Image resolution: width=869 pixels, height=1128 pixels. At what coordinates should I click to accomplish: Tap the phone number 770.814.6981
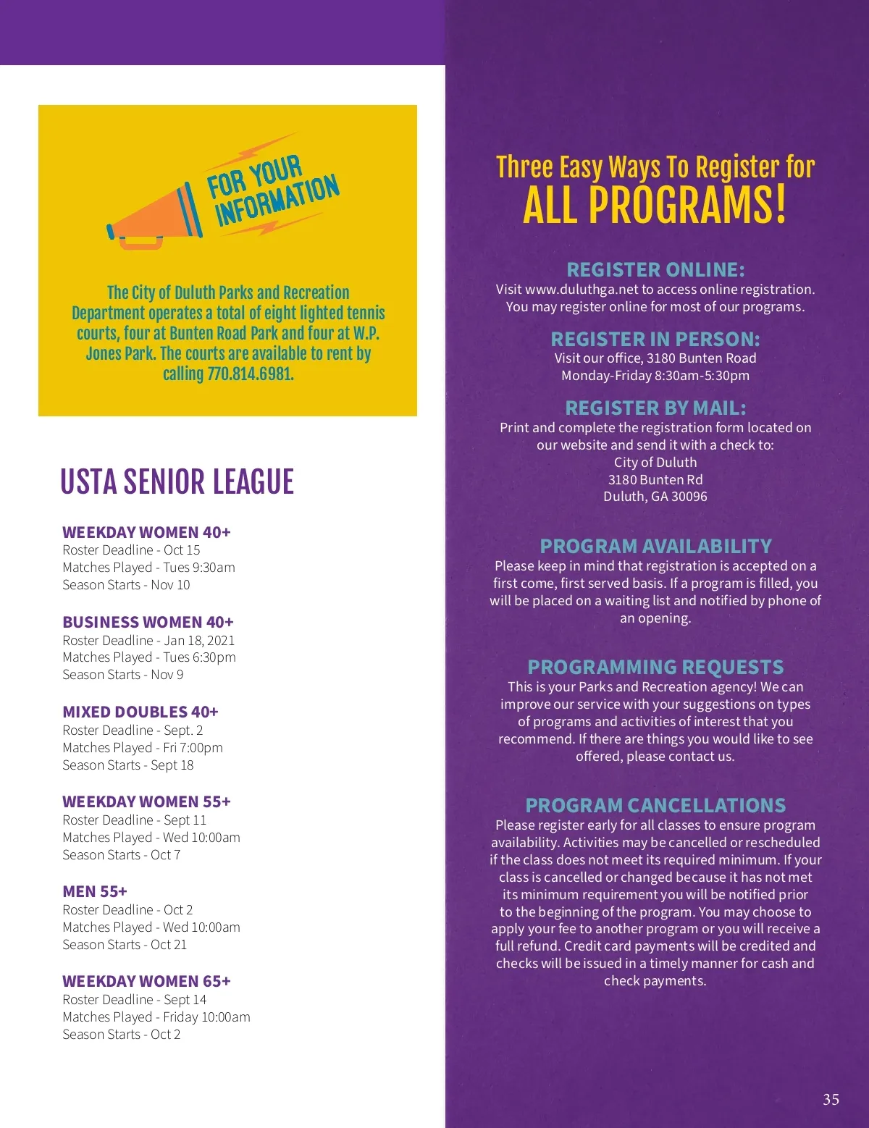coord(250,374)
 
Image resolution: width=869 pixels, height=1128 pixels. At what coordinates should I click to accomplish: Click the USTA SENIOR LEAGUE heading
coord(177,482)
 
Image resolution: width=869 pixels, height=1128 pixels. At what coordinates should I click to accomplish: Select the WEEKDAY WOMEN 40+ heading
coord(146,532)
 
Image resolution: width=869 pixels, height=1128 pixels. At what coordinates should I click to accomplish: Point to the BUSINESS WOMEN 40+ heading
coord(148,622)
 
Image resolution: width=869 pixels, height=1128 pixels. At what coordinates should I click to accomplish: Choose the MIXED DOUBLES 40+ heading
coord(140,712)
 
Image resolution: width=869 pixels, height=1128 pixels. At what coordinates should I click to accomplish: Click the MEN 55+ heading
coord(95,891)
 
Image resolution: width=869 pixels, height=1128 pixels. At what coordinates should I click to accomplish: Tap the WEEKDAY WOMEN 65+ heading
coord(146,981)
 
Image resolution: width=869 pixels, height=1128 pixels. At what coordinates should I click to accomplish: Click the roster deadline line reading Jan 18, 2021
coord(148,640)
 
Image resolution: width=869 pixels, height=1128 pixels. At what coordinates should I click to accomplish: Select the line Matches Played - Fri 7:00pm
coord(143,747)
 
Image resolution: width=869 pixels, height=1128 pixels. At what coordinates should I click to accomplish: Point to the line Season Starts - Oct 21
coord(125,944)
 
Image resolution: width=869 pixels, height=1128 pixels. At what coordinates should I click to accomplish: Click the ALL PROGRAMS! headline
coord(655,206)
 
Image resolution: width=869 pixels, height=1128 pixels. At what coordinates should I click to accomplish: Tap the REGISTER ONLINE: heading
coord(655,270)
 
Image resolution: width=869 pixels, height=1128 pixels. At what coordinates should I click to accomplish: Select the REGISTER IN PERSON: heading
coord(655,339)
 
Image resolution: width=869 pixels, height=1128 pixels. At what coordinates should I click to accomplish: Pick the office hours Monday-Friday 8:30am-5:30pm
coord(655,375)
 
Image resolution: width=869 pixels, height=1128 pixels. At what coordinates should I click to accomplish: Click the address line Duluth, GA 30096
coord(655,497)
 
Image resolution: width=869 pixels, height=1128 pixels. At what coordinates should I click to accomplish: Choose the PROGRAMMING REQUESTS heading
coord(655,667)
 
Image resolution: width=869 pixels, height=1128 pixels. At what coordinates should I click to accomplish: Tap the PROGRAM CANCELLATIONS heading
coord(655,805)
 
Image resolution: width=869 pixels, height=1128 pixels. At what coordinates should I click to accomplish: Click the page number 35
coord(831,1099)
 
